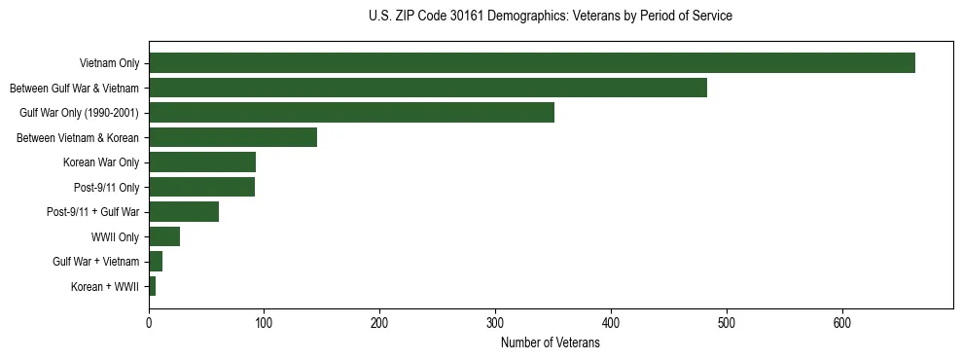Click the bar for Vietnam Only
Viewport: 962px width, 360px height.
pyautogui.click(x=531, y=63)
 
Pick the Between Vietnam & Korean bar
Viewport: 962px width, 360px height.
pyautogui.click(x=232, y=137)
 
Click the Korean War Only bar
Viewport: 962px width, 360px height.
pyautogui.click(x=202, y=162)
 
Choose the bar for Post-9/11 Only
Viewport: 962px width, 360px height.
pyautogui.click(x=201, y=187)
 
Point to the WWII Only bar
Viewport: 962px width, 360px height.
pyautogui.click(x=164, y=236)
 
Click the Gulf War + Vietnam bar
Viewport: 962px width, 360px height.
pyautogui.click(x=156, y=262)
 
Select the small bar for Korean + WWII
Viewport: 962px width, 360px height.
pyautogui.click(x=153, y=286)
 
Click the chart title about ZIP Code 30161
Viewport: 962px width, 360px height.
pyautogui.click(x=551, y=17)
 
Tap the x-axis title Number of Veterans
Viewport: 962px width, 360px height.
pyautogui.click(x=551, y=343)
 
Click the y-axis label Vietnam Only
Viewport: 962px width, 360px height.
pyautogui.click(x=109, y=64)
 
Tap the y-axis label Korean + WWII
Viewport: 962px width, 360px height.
pyautogui.click(x=105, y=287)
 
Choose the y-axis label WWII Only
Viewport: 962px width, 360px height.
pyautogui.click(x=115, y=237)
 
